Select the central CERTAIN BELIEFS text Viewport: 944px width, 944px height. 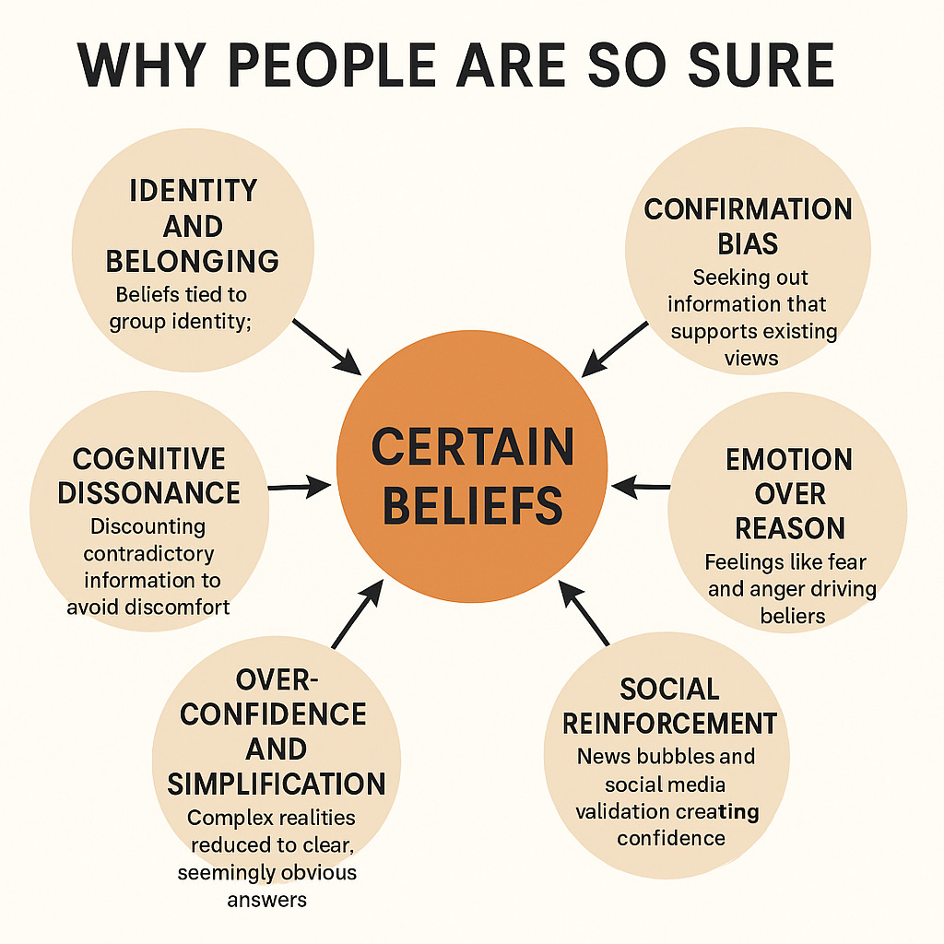tap(472, 476)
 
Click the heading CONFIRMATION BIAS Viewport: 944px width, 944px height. tap(748, 226)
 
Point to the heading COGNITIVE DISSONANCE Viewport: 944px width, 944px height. tap(149, 475)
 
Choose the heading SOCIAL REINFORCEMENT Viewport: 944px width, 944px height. tap(669, 705)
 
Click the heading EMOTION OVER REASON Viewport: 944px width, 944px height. tap(789, 493)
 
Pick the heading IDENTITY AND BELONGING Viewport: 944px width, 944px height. tap(193, 226)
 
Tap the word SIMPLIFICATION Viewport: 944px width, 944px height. tap(276, 783)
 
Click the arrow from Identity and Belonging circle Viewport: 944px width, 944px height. tap(327, 347)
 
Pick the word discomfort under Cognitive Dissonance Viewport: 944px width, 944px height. tap(181, 608)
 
